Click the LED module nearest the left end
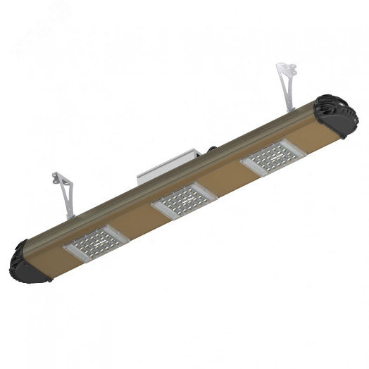tap(98, 242)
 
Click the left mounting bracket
tap(62, 191)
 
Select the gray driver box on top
tap(163, 166)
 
